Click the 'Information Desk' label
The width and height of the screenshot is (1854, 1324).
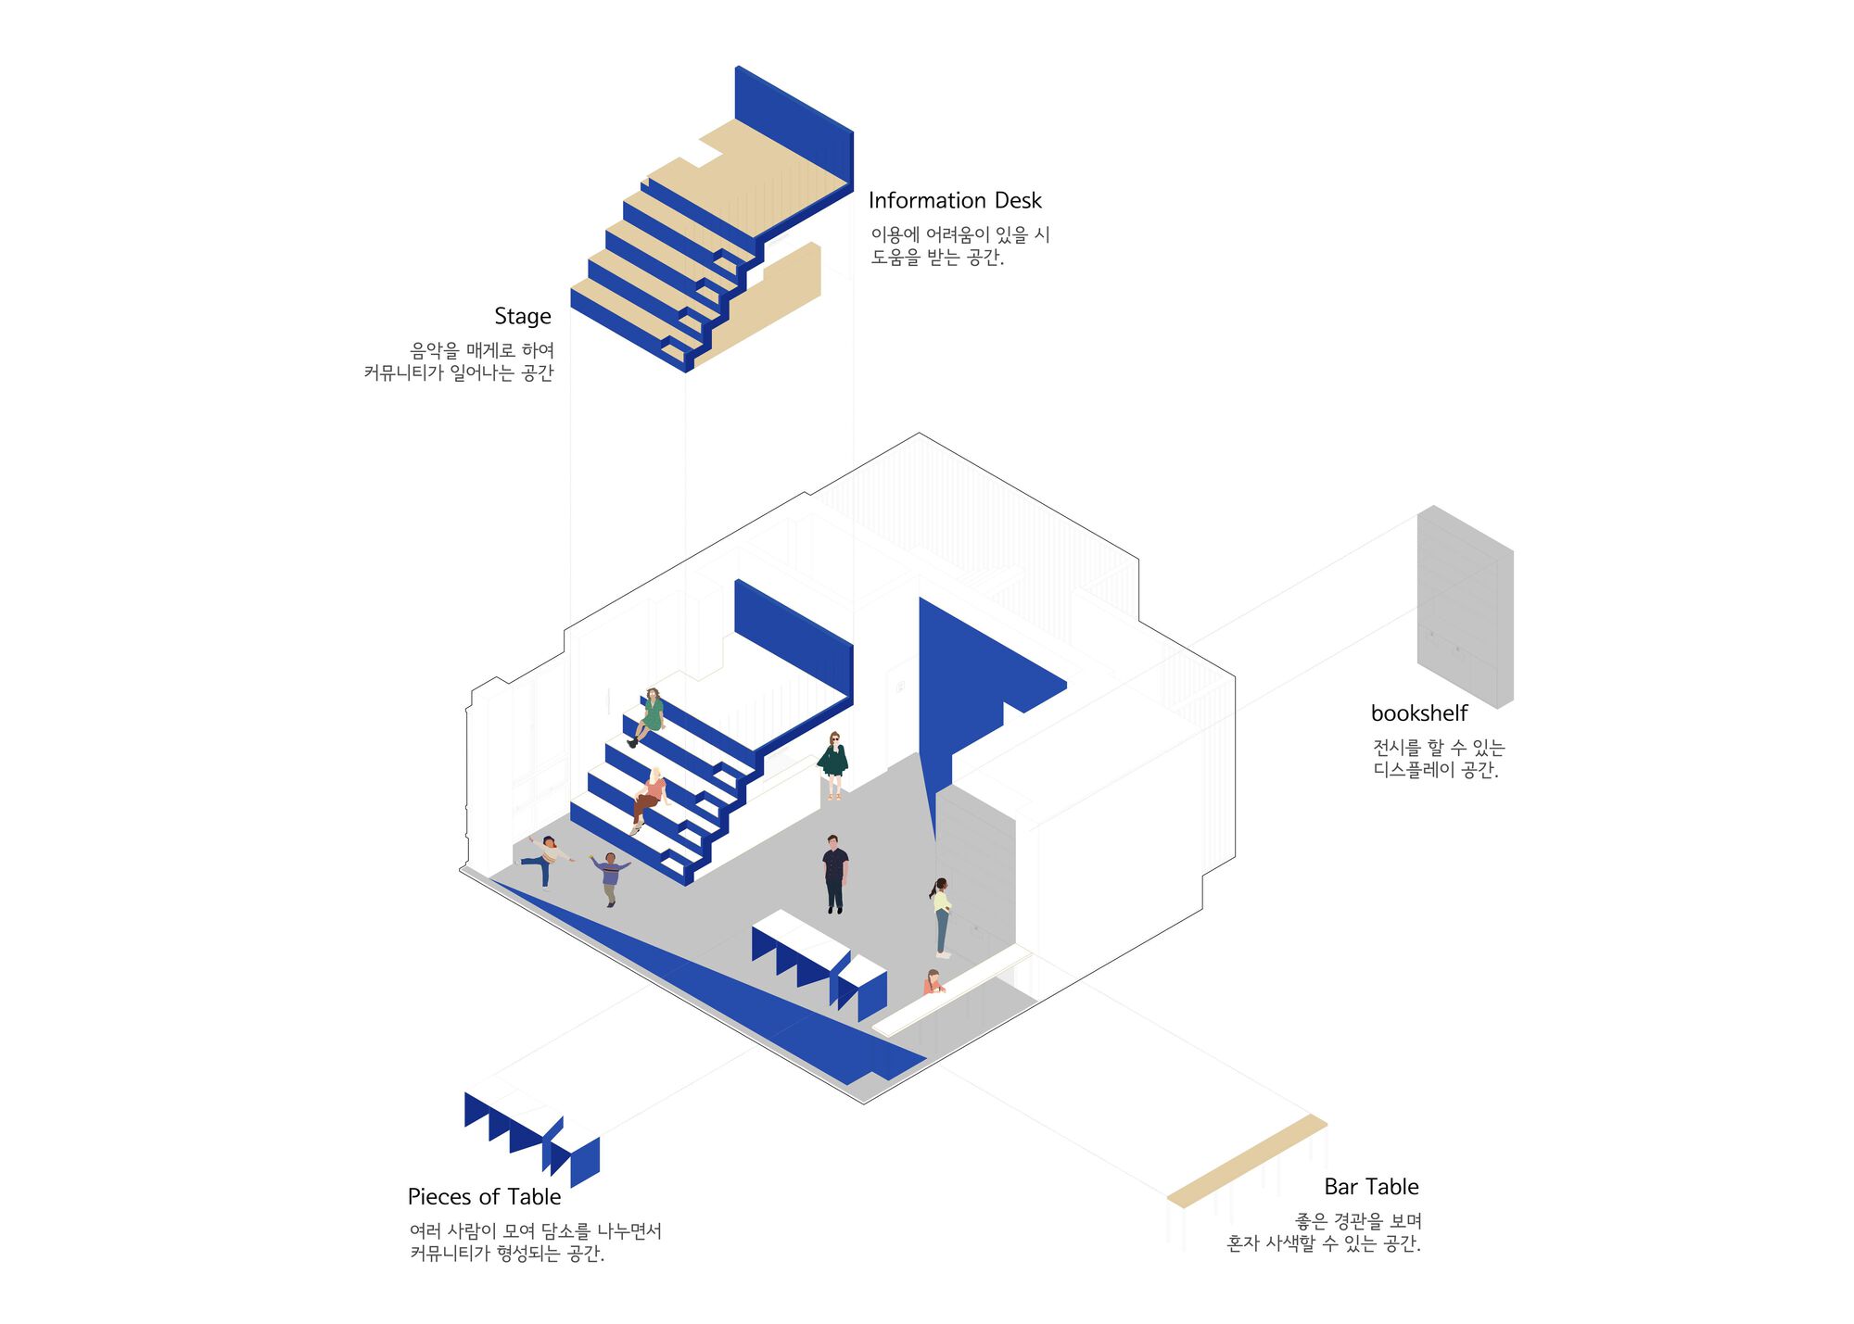955,200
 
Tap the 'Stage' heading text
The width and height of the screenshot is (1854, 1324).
523,317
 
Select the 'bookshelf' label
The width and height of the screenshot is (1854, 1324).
1419,712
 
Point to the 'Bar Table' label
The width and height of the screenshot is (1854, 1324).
1371,1187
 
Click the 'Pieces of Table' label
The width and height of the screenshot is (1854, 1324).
484,1197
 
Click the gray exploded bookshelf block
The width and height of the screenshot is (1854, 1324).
1465,607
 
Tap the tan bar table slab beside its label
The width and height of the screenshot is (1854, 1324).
1247,1161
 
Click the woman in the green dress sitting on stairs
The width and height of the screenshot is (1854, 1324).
649,716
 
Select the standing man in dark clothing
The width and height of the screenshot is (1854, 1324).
834,874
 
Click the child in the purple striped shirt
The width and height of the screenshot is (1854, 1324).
610,878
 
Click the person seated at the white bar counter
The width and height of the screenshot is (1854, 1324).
933,982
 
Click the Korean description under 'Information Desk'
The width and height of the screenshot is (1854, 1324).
959,246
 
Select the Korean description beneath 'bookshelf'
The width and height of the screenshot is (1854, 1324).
1438,759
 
